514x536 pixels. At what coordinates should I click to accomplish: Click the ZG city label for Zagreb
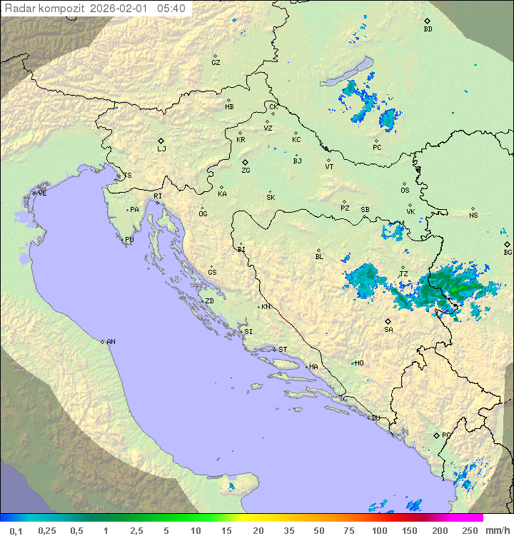[x=246, y=171]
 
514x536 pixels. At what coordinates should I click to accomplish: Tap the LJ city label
[x=161, y=149]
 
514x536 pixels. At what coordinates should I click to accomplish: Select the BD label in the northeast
[x=428, y=29]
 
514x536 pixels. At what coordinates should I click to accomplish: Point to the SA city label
[x=388, y=330]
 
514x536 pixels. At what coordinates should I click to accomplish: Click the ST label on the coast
[x=283, y=350]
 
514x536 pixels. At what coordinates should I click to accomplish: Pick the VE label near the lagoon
[x=42, y=193]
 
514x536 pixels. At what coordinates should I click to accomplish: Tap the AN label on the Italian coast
[x=111, y=342]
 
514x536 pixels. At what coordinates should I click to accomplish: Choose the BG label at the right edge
[x=508, y=253]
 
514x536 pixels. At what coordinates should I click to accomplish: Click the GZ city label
[x=216, y=63]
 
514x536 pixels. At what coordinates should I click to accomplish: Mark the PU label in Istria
[x=129, y=240]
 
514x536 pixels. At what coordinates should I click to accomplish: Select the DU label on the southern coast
[x=375, y=418]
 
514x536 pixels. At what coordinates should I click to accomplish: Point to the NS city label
[x=473, y=216]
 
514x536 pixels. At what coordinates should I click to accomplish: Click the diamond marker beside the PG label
[x=436, y=435]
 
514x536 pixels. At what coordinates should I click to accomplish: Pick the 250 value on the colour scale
[x=469, y=530]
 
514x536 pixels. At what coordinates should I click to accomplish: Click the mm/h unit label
[x=496, y=530]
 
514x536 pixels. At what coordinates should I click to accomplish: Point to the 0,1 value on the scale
[x=16, y=530]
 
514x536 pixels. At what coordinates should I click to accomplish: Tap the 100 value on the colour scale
[x=379, y=530]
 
